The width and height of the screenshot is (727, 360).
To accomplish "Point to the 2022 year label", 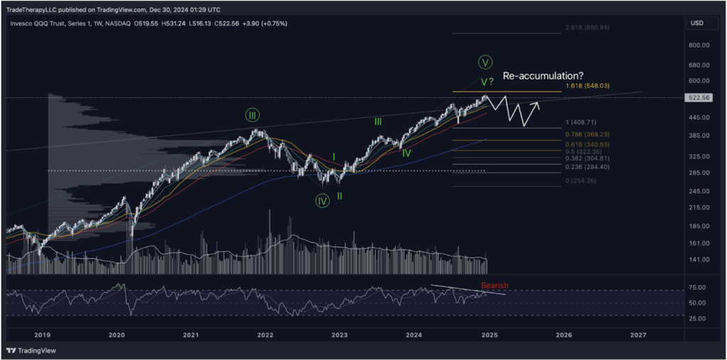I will pos(266,334).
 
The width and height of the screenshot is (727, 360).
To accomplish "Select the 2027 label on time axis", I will pos(638,334).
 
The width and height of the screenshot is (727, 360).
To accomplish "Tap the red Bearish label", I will pos(494,285).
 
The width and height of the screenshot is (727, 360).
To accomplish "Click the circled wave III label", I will pos(252,115).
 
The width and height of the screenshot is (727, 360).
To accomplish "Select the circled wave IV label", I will pos(322,201).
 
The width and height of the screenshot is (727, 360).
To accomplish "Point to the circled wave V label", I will pos(486,62).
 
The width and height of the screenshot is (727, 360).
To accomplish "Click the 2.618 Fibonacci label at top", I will pos(588,27).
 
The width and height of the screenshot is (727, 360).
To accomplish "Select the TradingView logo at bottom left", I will pos(32,351).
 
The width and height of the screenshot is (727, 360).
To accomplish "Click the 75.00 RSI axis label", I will pos(698,288).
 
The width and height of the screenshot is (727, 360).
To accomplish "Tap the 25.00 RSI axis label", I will pos(698,318).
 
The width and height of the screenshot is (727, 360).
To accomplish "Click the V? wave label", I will pos(486,82).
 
